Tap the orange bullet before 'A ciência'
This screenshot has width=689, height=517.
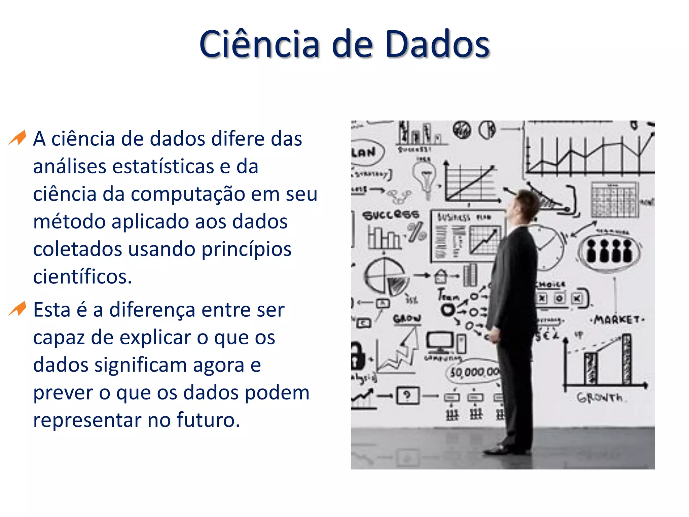[18, 138]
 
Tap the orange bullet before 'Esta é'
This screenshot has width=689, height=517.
[18, 309]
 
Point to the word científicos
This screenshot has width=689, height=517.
[82, 277]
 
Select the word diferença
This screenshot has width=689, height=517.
[152, 310]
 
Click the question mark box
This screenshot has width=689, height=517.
[408, 395]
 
